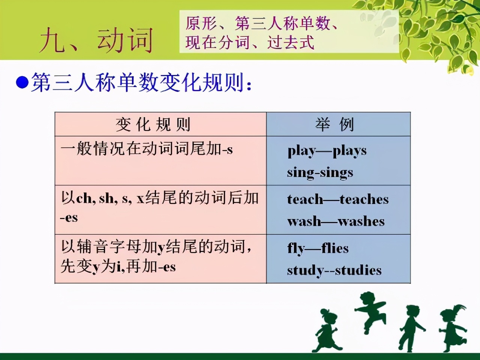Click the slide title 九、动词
(96, 40)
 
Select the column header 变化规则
(153, 124)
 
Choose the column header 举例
(334, 124)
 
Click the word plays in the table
(349, 151)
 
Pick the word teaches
(364, 199)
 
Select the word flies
(335, 248)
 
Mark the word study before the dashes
(305, 271)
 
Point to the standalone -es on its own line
(69, 218)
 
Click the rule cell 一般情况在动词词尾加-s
(147, 150)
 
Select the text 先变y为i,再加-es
(118, 267)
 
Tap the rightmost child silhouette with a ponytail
(453, 329)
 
